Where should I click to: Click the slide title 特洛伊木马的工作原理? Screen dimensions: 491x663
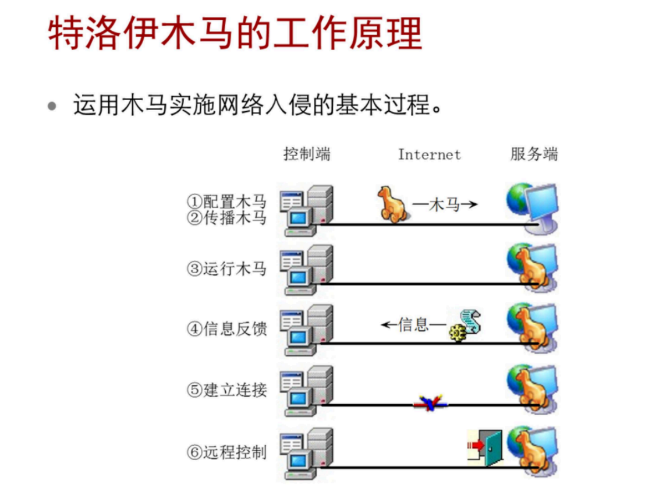(235, 34)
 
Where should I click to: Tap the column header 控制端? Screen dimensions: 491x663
(307, 154)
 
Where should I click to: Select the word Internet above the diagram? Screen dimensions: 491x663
(429, 155)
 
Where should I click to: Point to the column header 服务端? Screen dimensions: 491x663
(534, 154)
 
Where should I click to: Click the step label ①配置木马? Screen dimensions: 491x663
(226, 202)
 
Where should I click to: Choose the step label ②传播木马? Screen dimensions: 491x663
(226, 218)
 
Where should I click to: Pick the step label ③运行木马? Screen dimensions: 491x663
(226, 269)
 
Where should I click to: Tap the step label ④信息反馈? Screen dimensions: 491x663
(226, 328)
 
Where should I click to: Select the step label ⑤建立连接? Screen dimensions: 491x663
(226, 390)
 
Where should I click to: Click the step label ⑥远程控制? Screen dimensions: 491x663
(226, 452)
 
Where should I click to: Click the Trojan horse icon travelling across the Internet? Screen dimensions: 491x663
(391, 204)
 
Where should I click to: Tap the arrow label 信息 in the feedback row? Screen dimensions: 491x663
(413, 324)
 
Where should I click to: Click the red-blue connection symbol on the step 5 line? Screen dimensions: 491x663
(430, 402)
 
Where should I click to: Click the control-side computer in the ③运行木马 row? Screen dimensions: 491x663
(306, 270)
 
